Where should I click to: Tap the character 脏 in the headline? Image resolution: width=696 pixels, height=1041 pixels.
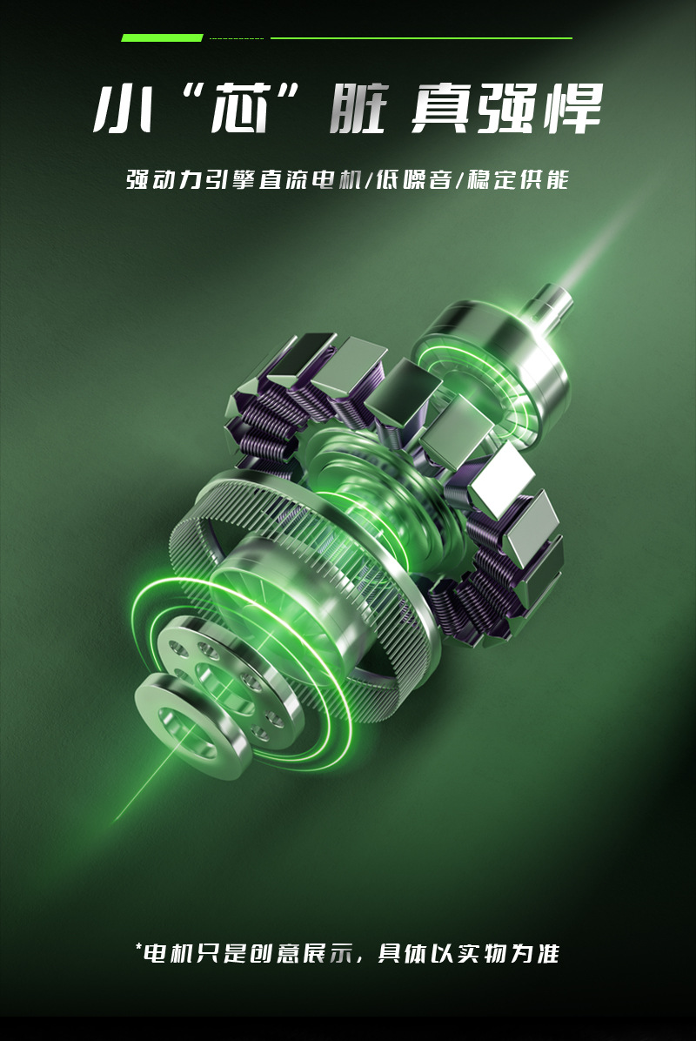point(359,108)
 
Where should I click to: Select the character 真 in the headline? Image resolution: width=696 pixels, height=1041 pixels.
point(440,108)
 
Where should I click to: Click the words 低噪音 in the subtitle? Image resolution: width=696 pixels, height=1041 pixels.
point(414,180)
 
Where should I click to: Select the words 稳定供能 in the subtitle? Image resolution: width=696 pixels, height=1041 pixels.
point(519,180)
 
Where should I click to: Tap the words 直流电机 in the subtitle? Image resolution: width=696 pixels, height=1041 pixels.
point(309,180)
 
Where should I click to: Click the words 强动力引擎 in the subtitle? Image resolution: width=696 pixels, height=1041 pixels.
point(191,180)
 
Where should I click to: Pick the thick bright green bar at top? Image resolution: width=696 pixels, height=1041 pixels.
point(162,37)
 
